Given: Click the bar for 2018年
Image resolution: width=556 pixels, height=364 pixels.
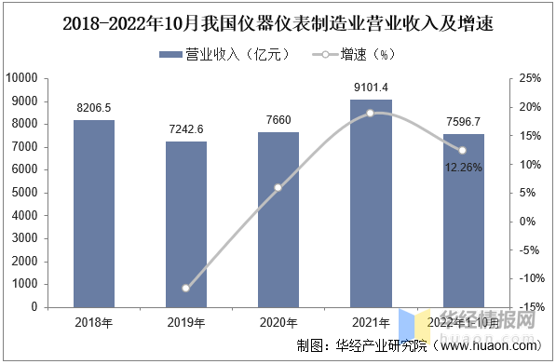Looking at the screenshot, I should pos(93,213).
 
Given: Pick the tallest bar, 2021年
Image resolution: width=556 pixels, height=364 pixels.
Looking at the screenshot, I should pos(370,203).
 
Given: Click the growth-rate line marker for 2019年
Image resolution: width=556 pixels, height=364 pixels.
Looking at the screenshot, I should pos(185,288).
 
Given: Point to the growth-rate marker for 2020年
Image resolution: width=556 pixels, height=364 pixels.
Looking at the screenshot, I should pos(278,188).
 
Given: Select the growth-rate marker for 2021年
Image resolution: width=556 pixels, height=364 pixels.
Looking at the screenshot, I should pos(370,113).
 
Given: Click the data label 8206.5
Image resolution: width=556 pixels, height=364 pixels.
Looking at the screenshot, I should pos(93,108).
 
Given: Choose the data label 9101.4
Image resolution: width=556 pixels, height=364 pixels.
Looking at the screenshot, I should pos(370,87).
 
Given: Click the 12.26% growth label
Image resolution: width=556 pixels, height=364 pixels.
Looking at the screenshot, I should pos(463,168).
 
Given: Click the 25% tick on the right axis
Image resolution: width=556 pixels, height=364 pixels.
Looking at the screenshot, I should pos(528,78).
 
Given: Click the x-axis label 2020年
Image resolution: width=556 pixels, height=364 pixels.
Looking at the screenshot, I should pos(278,322).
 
